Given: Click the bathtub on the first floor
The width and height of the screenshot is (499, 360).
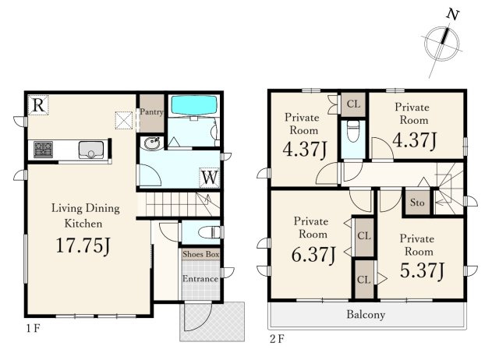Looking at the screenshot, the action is click(194, 105).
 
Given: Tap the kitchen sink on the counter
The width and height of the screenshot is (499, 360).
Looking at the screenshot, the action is click(91, 150).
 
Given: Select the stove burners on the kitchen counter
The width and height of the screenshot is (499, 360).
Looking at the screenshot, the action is click(43, 150).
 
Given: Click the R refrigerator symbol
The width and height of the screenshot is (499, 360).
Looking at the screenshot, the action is click(38, 105).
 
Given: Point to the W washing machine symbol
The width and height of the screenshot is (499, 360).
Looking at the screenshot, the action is click(210, 178).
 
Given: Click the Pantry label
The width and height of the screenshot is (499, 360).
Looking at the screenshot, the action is click(152, 111).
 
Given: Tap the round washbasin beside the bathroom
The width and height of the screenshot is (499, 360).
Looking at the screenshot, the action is click(152, 143).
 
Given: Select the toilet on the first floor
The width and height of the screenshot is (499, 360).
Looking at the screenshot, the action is click(209, 232).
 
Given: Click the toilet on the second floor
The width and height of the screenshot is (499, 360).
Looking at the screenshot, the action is click(353, 131).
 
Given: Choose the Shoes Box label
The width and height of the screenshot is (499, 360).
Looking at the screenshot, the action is click(201, 254).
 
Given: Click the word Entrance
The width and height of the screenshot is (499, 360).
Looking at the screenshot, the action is click(200, 279).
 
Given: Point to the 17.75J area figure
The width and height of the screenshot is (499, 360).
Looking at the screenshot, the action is click(83, 245).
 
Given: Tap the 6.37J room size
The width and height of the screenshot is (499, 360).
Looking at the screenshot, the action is click(313, 255).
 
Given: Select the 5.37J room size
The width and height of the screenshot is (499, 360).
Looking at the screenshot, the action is click(422, 271).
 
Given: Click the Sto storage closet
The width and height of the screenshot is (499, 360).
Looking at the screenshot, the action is click(416, 203).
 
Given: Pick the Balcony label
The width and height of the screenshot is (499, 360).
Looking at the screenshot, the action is click(366, 315).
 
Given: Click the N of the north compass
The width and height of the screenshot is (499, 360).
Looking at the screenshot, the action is click(452, 15).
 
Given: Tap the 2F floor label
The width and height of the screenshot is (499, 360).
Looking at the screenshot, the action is click(276, 339).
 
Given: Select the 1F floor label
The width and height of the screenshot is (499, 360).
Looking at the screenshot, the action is click(33, 328).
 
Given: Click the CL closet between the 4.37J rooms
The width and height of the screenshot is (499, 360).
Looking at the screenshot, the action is click(353, 104).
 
